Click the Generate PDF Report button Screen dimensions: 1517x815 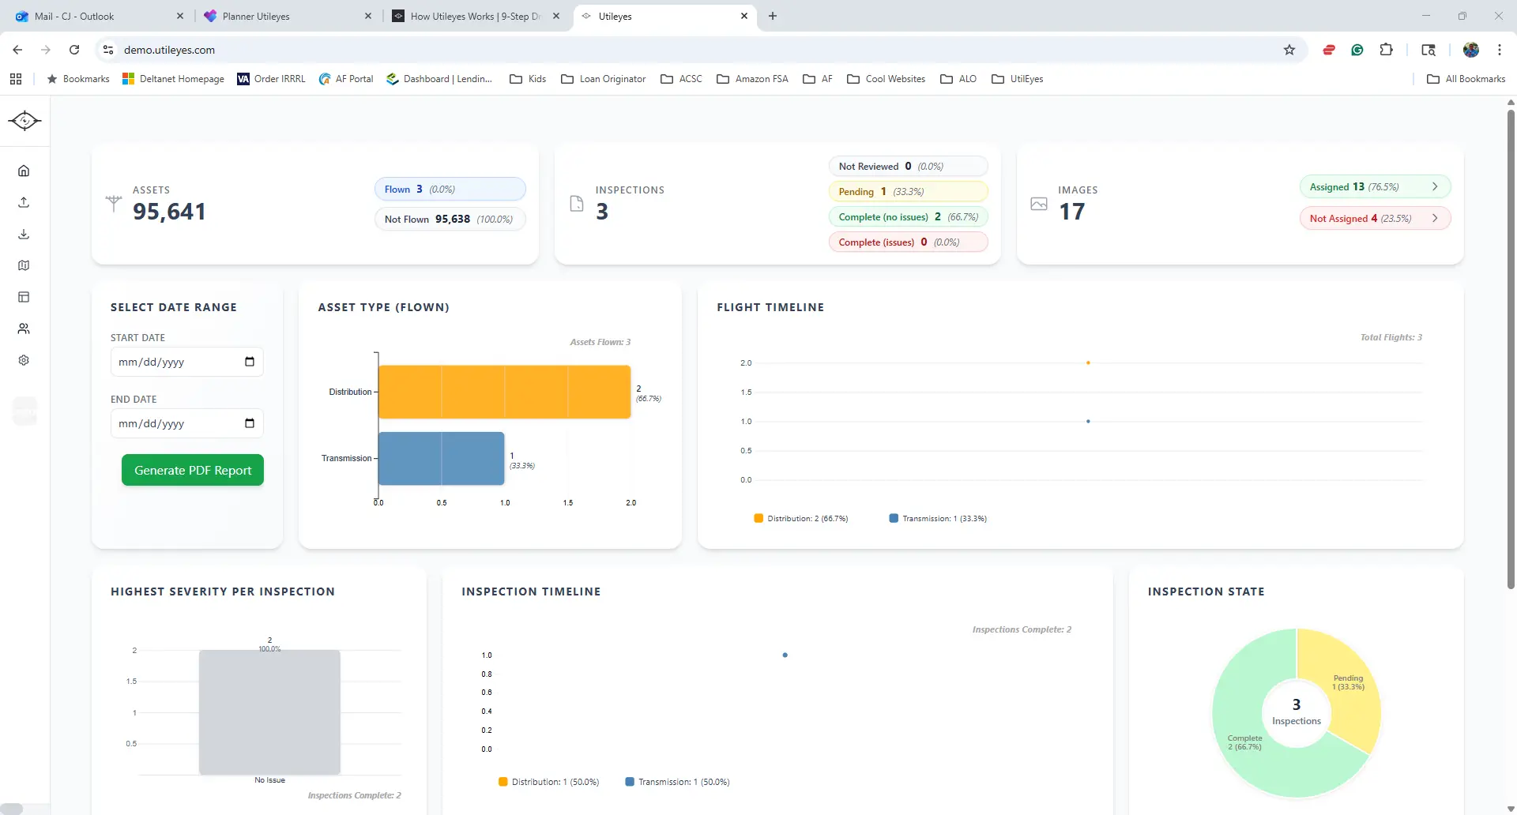193,470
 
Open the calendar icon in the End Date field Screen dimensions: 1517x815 250,423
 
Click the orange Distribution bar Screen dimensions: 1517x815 504,392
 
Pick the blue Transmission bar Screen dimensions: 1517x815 441,458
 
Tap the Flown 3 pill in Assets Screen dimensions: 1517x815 450,190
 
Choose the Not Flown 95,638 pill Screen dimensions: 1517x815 450,220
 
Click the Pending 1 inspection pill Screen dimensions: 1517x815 908,192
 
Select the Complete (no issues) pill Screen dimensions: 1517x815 908,217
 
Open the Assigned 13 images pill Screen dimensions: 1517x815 1375,187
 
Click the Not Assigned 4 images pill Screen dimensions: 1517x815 1375,219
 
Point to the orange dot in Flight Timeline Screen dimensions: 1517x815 1088,363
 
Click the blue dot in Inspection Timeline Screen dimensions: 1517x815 785,655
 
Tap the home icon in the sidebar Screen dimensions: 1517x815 24,171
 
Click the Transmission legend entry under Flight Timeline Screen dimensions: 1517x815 938,519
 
